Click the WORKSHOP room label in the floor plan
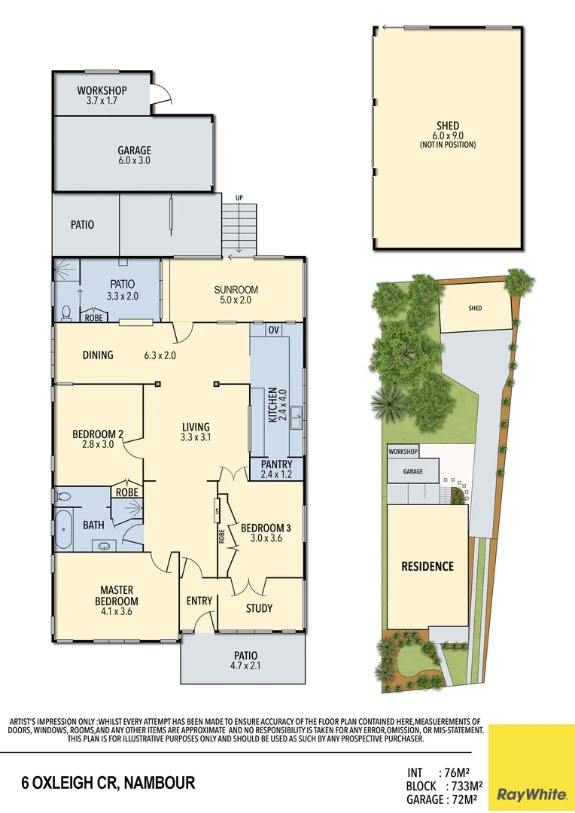pyautogui.click(x=102, y=90)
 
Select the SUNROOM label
pyautogui.click(x=236, y=290)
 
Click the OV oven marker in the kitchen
pyautogui.click(x=274, y=330)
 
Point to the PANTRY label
pyautogui.click(x=275, y=464)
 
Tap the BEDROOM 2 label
pyautogui.click(x=98, y=434)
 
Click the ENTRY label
pyautogui.click(x=199, y=601)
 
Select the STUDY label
pyautogui.click(x=259, y=608)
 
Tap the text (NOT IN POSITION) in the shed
pyautogui.click(x=447, y=145)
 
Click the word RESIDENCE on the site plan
pyautogui.click(x=427, y=566)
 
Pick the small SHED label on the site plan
pyautogui.click(x=475, y=308)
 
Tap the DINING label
pyautogui.click(x=98, y=355)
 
